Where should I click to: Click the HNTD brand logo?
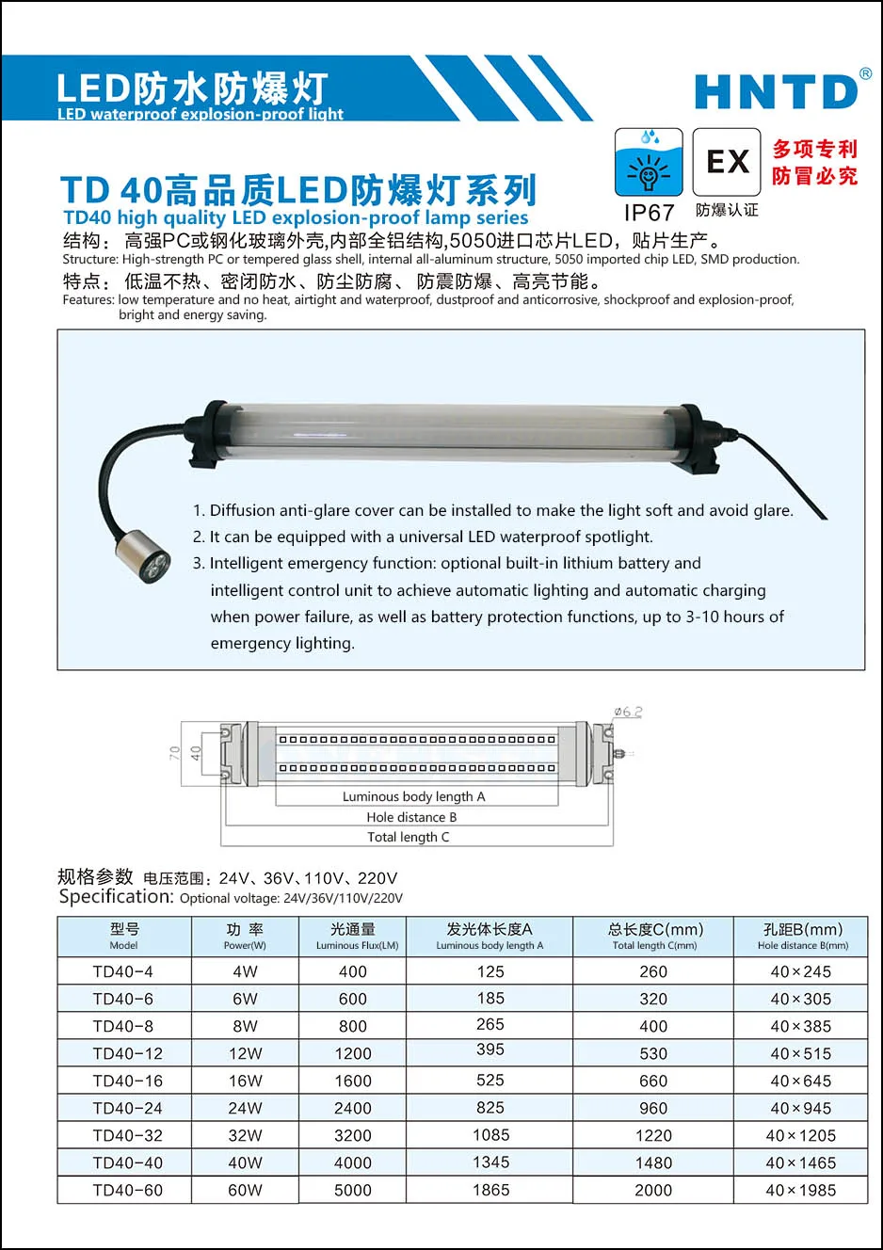777,92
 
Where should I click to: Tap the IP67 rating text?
649,214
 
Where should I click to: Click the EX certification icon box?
727,162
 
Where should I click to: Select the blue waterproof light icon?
649,162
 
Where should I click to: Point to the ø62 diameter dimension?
628,712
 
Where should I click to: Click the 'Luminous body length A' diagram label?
413,796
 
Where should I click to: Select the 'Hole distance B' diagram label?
411,817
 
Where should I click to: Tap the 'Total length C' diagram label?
409,837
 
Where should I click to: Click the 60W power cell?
245,1190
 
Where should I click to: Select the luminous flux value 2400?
353,1108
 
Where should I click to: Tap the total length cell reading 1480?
653,1162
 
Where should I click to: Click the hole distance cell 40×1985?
800,1190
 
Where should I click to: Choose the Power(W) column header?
245,937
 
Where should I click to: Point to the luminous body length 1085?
490,1135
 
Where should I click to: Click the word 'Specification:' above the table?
116,897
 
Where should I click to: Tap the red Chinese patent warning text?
814,162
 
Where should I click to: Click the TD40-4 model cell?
123,971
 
